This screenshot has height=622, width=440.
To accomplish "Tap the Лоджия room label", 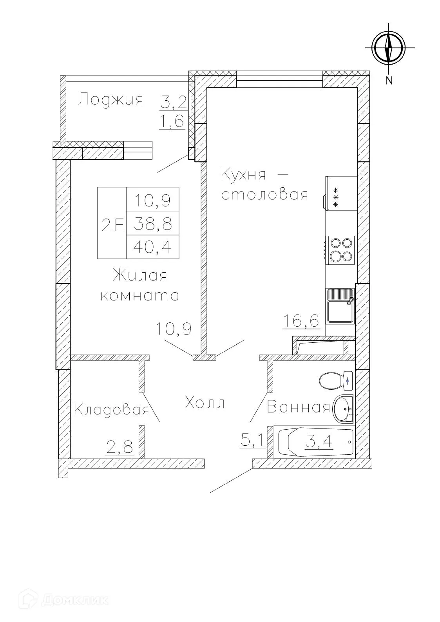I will click(110, 99).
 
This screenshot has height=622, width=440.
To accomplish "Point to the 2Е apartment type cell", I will click(112, 225).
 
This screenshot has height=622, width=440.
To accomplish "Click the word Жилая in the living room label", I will click(140, 276).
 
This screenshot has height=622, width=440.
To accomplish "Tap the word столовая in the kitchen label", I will click(264, 194).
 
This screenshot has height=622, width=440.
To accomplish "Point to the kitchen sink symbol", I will click(340, 306).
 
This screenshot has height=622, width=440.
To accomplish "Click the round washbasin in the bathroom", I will click(344, 409).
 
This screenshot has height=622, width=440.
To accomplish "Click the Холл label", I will click(205, 403).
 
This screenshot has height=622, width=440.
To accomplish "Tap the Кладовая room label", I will click(111, 410).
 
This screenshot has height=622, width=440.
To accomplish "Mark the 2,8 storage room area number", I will click(120, 447).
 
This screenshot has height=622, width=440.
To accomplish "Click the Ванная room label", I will click(298, 408).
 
